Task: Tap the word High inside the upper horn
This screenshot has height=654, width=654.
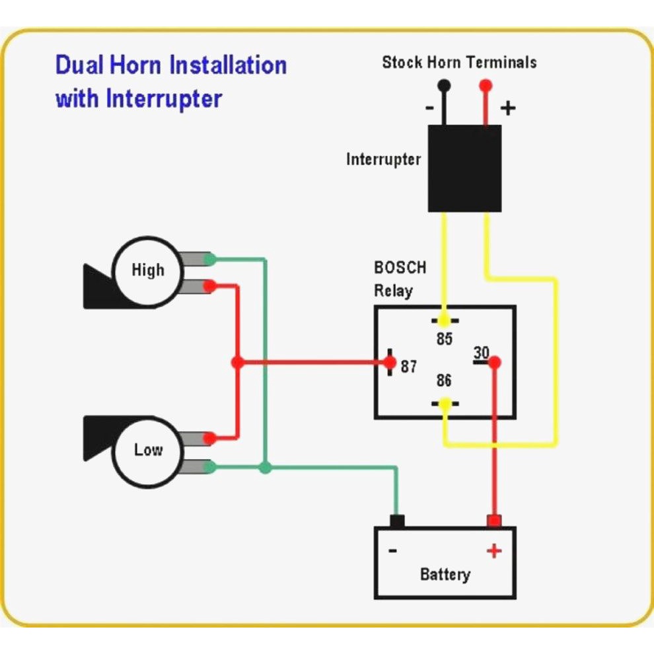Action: coord(147,270)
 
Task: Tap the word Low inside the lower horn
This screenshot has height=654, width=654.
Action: coord(148,450)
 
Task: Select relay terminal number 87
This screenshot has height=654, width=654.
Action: coord(409,366)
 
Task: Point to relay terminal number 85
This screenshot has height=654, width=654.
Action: coord(445,340)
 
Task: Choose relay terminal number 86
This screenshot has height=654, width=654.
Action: coord(444,381)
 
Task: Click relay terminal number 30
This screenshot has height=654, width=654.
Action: coord(482,353)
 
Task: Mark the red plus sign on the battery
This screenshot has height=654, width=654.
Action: coord(493,550)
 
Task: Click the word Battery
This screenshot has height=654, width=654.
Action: coord(445,574)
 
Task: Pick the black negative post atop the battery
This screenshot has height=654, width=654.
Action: coord(397,521)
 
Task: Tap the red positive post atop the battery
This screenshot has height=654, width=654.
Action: coord(494,521)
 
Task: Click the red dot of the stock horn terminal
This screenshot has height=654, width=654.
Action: coord(486,85)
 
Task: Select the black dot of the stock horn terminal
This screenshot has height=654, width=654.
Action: coord(444,85)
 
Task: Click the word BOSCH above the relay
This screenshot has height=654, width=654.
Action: coord(400,268)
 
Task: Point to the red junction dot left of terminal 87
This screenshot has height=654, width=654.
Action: coord(238,363)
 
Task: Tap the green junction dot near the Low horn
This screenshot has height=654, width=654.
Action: coord(265,468)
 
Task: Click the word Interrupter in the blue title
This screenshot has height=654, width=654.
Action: coord(164,99)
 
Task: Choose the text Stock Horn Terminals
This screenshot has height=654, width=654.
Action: coord(459,63)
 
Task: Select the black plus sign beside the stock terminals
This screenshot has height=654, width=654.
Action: coord(507,108)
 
